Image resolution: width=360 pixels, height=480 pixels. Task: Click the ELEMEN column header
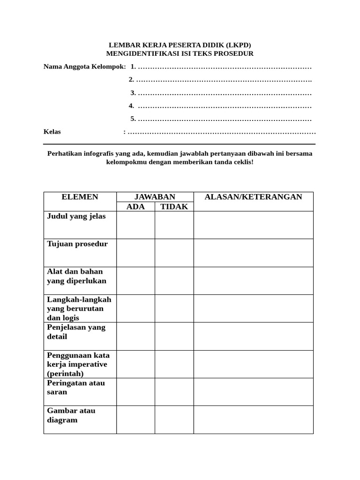click(80, 197)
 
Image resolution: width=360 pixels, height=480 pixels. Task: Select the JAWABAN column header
click(155, 197)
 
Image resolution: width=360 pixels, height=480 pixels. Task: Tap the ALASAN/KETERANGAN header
click(253, 197)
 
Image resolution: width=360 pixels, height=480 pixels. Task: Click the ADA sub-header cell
click(135, 207)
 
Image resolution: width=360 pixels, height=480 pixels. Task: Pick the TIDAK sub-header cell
click(174, 207)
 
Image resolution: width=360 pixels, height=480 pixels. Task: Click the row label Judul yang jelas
click(76, 217)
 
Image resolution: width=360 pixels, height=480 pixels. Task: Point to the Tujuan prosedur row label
click(77, 244)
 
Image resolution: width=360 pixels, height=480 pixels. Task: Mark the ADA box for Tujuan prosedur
click(135, 253)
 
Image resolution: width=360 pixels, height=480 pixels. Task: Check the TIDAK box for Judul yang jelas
click(174, 225)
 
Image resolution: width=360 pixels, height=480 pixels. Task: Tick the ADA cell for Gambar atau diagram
click(135, 420)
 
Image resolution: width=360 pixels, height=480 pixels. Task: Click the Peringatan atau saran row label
click(76, 388)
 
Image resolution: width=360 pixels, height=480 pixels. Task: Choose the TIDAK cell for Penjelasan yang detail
click(174, 336)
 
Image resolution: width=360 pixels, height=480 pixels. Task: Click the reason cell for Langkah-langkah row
click(253, 308)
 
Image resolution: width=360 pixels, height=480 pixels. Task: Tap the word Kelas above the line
click(52, 132)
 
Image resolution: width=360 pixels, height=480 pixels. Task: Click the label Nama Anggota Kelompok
click(84, 67)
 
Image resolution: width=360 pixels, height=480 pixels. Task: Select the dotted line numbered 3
click(225, 93)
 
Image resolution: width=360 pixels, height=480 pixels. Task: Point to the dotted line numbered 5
click(225, 119)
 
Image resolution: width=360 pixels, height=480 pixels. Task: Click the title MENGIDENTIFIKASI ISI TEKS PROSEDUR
click(180, 54)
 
